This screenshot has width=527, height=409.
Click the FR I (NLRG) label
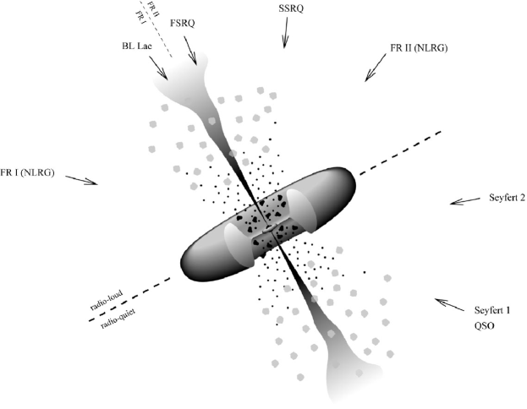tap(27, 172)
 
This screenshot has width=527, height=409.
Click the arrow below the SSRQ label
tap(290, 33)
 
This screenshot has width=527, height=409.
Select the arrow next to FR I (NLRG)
tap(82, 179)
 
